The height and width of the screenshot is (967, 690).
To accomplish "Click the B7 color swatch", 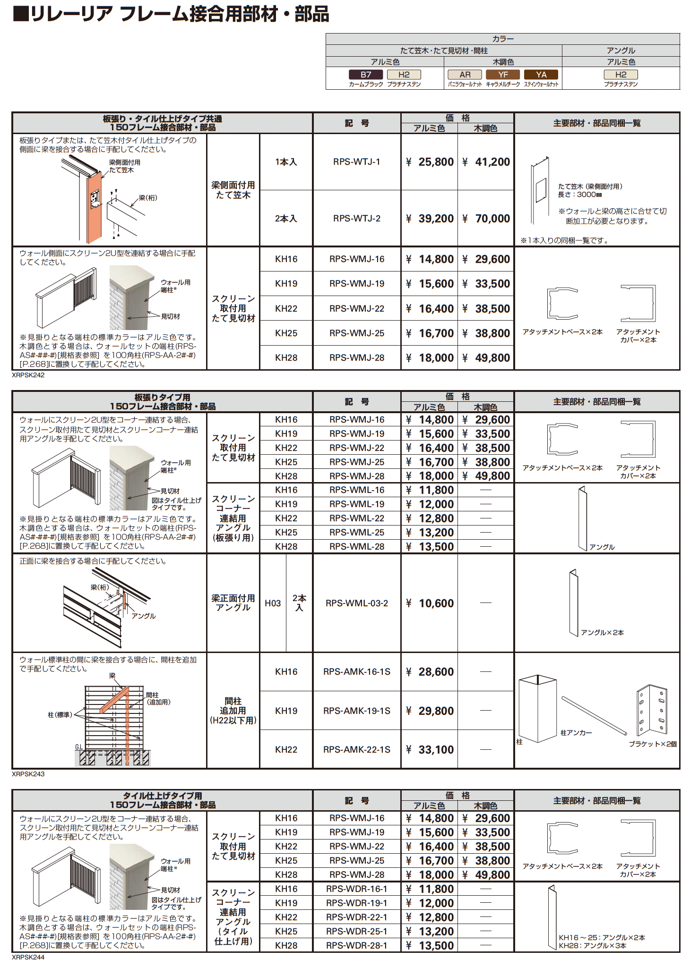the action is [366, 75].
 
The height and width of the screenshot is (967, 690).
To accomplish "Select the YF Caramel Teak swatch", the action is [503, 75].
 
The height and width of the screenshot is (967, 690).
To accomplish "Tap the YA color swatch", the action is [541, 75].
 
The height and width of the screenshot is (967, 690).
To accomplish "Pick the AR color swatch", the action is [465, 75].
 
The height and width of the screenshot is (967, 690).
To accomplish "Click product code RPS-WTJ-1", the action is [357, 162].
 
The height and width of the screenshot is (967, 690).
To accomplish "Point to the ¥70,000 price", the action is [486, 219].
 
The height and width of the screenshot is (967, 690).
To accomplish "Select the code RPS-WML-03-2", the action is [357, 603].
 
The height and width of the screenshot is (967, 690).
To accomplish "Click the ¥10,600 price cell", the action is [430, 603].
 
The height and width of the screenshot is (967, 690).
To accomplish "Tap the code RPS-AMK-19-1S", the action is [357, 711].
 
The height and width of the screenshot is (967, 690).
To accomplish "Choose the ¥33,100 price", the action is [430, 750].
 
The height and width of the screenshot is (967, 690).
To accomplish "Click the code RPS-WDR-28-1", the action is [357, 946].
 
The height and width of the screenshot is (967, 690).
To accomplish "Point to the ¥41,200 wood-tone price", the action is [486, 162].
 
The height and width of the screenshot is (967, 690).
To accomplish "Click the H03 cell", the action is [273, 603].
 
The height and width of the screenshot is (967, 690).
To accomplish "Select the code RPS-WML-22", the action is [357, 518].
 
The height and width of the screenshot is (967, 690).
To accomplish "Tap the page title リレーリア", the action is [71, 14].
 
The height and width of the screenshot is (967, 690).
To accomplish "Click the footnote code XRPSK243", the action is [28, 774].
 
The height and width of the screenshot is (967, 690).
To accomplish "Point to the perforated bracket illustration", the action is [652, 710].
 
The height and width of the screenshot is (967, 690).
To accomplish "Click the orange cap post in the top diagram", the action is [94, 206].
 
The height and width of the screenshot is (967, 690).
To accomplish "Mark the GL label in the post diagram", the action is [79, 747].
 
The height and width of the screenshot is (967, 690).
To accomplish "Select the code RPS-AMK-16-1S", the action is [357, 672].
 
